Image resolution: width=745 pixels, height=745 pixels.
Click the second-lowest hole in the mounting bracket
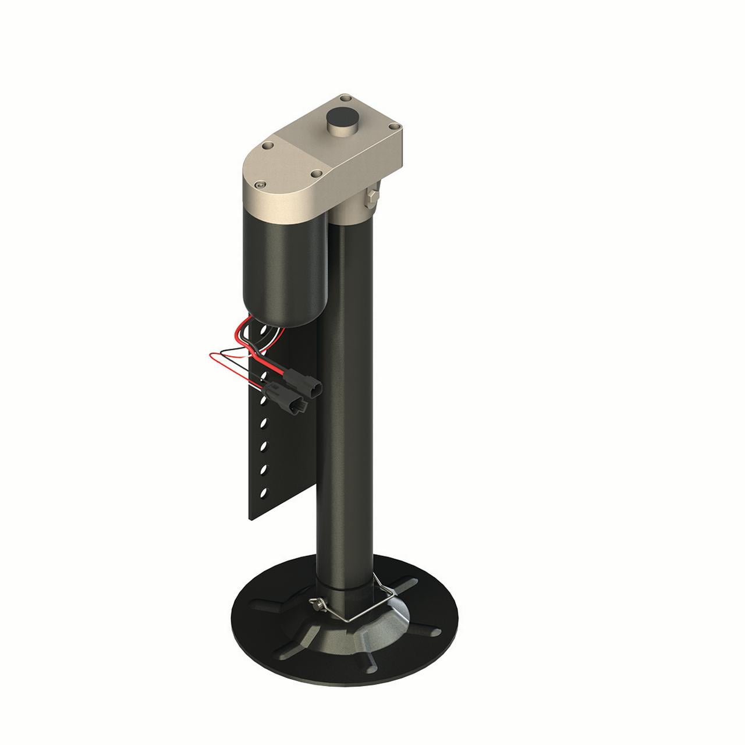point(263,467)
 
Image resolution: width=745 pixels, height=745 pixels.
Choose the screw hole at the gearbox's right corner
point(393,125)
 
